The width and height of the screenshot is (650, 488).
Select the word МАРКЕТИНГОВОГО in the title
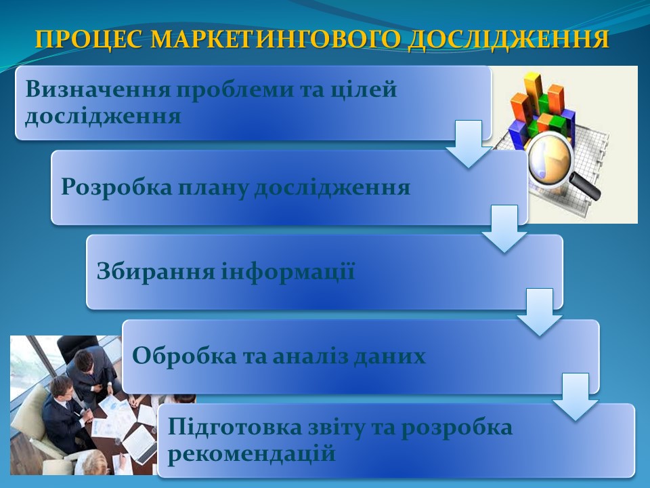click(276, 39)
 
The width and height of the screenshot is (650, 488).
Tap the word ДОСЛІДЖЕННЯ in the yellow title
click(508, 40)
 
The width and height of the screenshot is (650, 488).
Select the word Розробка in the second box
click(116, 187)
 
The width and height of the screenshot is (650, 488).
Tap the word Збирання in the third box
click(156, 272)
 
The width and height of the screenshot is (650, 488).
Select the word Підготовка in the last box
click(235, 428)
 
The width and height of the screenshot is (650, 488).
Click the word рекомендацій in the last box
click(251, 454)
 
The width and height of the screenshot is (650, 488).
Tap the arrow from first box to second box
click(469, 144)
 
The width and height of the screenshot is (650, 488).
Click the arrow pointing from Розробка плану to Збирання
click(504, 228)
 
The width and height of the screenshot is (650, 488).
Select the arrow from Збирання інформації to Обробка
click(540, 312)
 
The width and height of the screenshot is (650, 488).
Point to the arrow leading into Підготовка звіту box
click(576, 397)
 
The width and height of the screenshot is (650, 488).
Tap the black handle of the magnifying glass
click(585, 185)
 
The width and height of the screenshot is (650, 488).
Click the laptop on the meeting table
click(140, 445)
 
